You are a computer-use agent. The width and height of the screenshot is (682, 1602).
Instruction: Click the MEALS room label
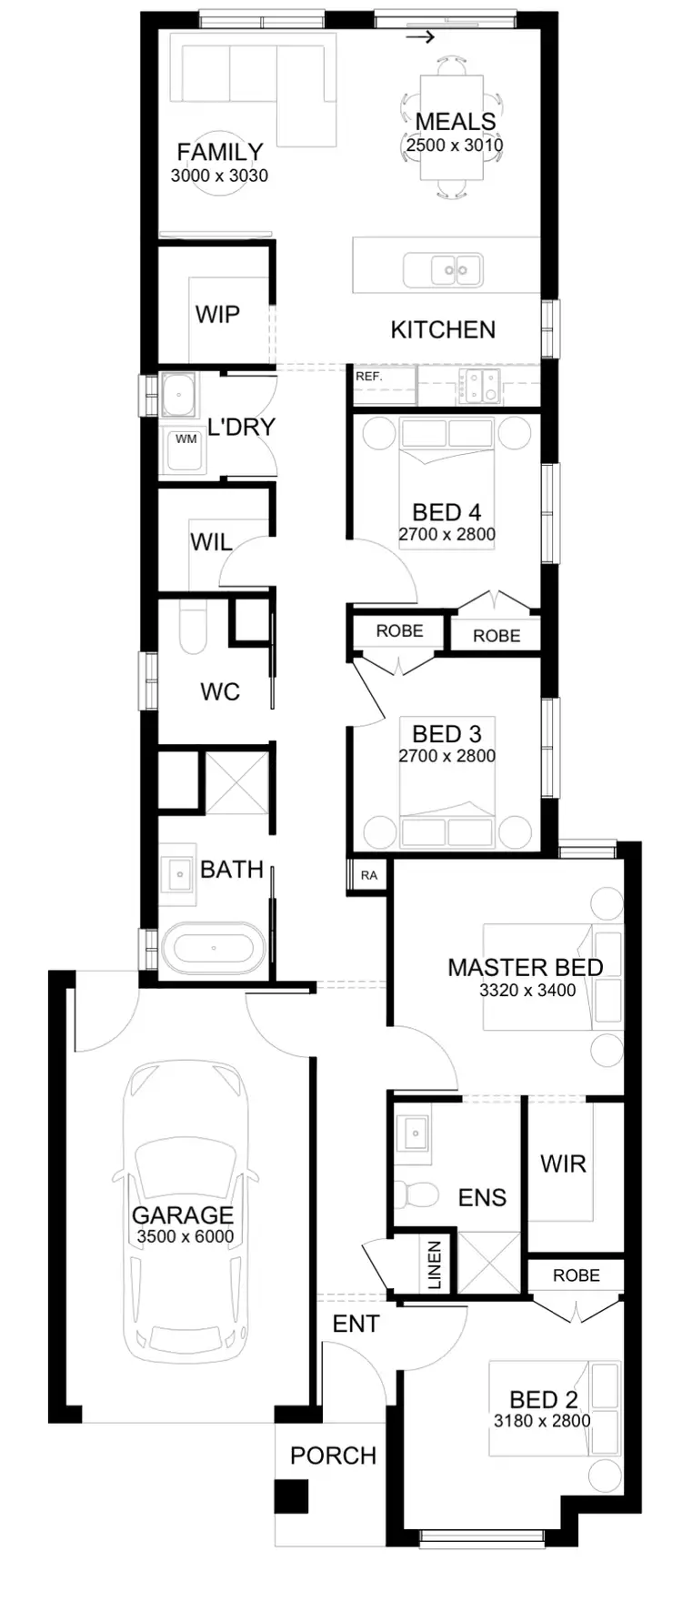[x=456, y=122]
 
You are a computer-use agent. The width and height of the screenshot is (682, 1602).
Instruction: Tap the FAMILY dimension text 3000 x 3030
[x=219, y=176]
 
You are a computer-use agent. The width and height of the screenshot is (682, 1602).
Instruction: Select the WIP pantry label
[x=217, y=315]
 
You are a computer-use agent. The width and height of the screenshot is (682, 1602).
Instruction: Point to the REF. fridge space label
[x=368, y=376]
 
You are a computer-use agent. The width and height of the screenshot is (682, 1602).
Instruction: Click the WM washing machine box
[x=186, y=440]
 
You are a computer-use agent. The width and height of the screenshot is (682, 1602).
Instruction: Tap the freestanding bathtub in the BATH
[x=213, y=947]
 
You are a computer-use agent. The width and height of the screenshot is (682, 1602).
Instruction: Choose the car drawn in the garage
[x=184, y=1210]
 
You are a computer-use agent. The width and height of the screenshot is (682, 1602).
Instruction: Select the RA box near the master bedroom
[x=368, y=875]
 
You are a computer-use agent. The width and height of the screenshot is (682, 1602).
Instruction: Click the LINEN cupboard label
[x=435, y=1264]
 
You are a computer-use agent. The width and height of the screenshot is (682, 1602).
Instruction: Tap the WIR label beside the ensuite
[x=563, y=1164]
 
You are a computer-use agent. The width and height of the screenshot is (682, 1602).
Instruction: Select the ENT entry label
[x=356, y=1324]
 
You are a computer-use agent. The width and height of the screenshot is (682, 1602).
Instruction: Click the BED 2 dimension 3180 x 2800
[x=542, y=1420]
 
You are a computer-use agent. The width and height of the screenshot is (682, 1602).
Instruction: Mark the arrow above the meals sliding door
[x=419, y=37]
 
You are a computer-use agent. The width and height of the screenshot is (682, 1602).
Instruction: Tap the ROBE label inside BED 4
[x=496, y=636]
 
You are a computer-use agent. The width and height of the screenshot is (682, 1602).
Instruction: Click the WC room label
[x=220, y=692]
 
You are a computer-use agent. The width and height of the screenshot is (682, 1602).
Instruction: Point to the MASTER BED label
[x=526, y=967]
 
